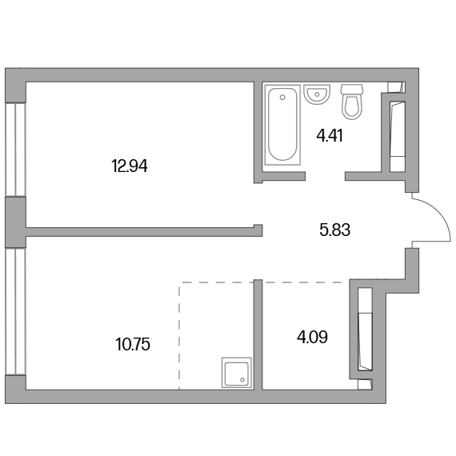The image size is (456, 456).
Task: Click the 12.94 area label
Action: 130,166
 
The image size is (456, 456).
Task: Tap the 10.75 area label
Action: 133,344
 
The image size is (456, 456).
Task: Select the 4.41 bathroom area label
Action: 330,135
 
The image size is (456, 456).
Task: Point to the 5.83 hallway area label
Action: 334,230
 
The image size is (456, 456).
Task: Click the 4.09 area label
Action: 312,338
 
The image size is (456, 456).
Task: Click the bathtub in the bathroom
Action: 282,125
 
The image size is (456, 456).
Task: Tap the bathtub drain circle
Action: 282,98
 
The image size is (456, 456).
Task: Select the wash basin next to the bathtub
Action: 317,94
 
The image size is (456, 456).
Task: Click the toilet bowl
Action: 352,106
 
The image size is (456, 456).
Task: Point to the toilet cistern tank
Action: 352,90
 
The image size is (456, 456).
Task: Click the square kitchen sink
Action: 237,373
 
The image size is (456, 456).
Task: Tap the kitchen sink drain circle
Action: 242,379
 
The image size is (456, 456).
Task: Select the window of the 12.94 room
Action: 16,150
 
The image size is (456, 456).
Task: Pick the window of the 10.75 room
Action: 16,311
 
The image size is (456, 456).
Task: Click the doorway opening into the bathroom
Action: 325,176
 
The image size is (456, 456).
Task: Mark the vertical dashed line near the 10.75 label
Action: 179,336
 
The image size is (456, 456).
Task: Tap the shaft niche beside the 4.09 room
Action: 365,330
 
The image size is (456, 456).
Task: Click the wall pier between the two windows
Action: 16,222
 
